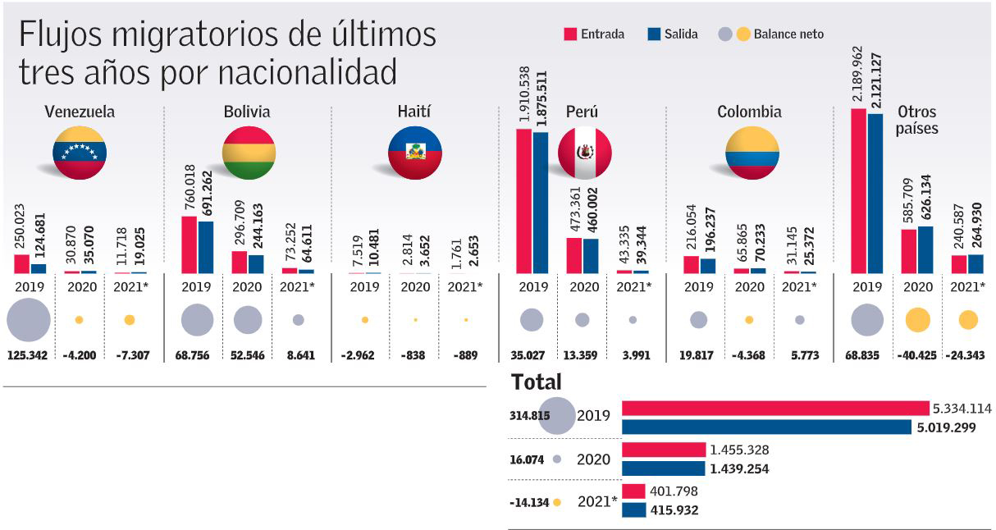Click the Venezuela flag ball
80,153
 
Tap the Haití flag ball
415,153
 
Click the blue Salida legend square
654,34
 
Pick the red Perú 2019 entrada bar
523,200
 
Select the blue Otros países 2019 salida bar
875,193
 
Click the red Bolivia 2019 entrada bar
189,244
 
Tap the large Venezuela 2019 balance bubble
28,320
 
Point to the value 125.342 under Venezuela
28,355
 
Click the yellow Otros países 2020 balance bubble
917,320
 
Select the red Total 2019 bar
775,409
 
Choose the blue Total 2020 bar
663,468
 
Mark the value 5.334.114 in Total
962,408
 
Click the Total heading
536,382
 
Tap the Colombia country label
748,112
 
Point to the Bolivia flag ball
249,153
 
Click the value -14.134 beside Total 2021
529,502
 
